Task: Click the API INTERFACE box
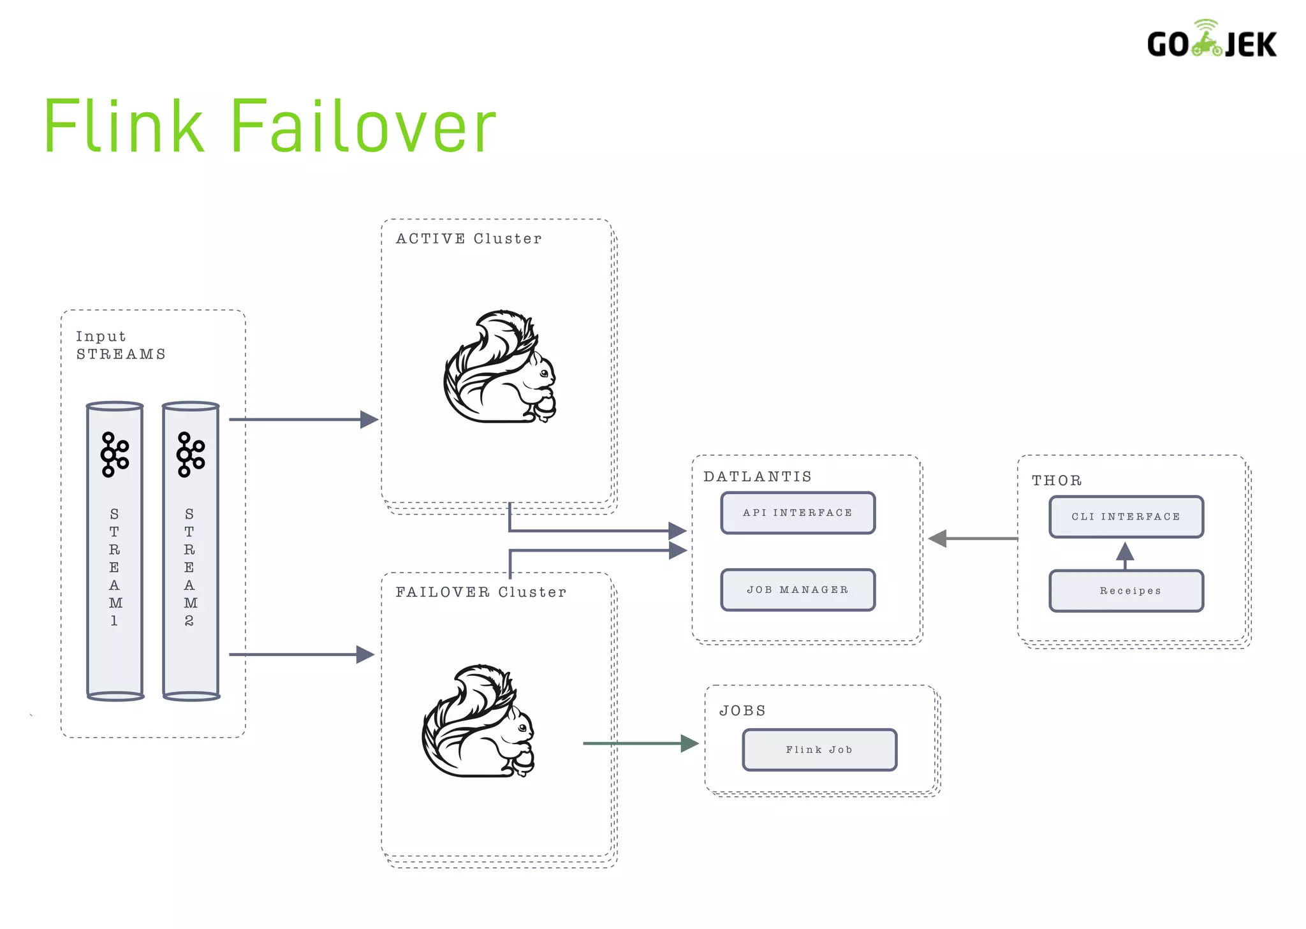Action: (x=797, y=513)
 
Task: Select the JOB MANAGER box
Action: (x=797, y=590)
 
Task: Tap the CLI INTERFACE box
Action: (x=1126, y=516)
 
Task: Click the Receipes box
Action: (x=1126, y=591)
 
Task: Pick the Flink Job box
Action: (x=819, y=750)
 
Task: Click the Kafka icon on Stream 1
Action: (x=115, y=455)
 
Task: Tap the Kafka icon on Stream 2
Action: (x=190, y=455)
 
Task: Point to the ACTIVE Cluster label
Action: (x=469, y=238)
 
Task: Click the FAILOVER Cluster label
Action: (x=481, y=592)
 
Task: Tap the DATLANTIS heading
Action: (x=758, y=476)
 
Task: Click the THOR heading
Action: (x=1057, y=480)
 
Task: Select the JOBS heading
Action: (x=742, y=710)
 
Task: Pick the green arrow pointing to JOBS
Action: (x=641, y=743)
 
